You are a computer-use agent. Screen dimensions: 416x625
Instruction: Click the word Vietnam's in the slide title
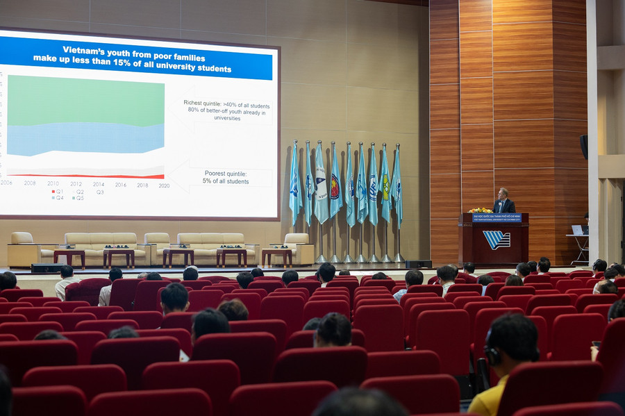tap(86, 49)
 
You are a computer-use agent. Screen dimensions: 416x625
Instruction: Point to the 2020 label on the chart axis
tap(164, 185)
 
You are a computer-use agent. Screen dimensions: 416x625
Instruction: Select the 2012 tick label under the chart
tap(76, 184)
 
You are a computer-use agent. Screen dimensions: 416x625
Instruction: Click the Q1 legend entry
tap(58, 191)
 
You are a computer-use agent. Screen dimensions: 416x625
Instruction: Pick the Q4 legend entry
tap(58, 198)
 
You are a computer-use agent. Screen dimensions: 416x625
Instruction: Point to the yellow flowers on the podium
tap(480, 210)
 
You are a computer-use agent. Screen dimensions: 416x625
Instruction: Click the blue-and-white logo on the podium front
tap(497, 240)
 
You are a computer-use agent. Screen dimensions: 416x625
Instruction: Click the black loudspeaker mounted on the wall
tap(584, 146)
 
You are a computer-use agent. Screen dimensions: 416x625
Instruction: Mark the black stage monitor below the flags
tap(419, 264)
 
